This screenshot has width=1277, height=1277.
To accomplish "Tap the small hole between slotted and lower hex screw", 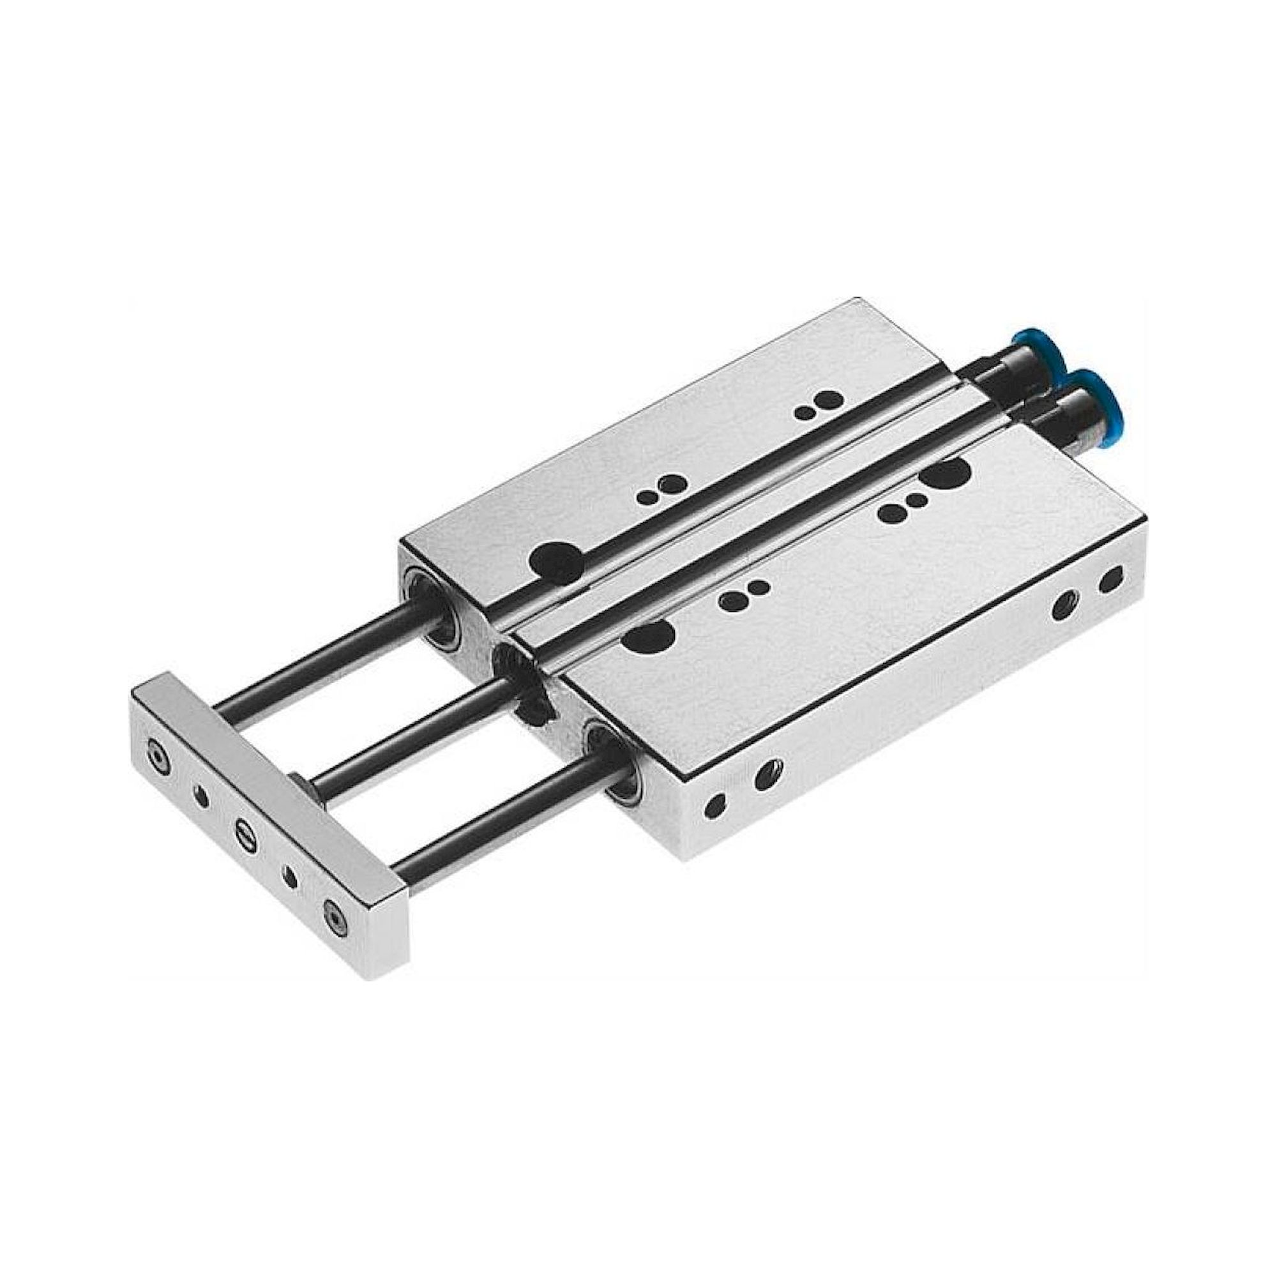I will pos(289,877).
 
